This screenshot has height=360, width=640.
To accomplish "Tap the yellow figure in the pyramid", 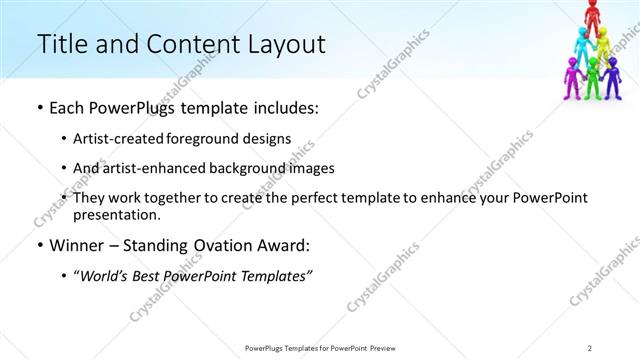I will point(605,44).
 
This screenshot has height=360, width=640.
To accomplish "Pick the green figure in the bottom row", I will point(594,76).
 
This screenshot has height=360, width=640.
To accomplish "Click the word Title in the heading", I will point(59,45).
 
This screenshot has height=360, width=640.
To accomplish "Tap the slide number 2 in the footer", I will point(590,347).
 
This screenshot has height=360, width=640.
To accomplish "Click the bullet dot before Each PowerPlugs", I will point(38,108).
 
